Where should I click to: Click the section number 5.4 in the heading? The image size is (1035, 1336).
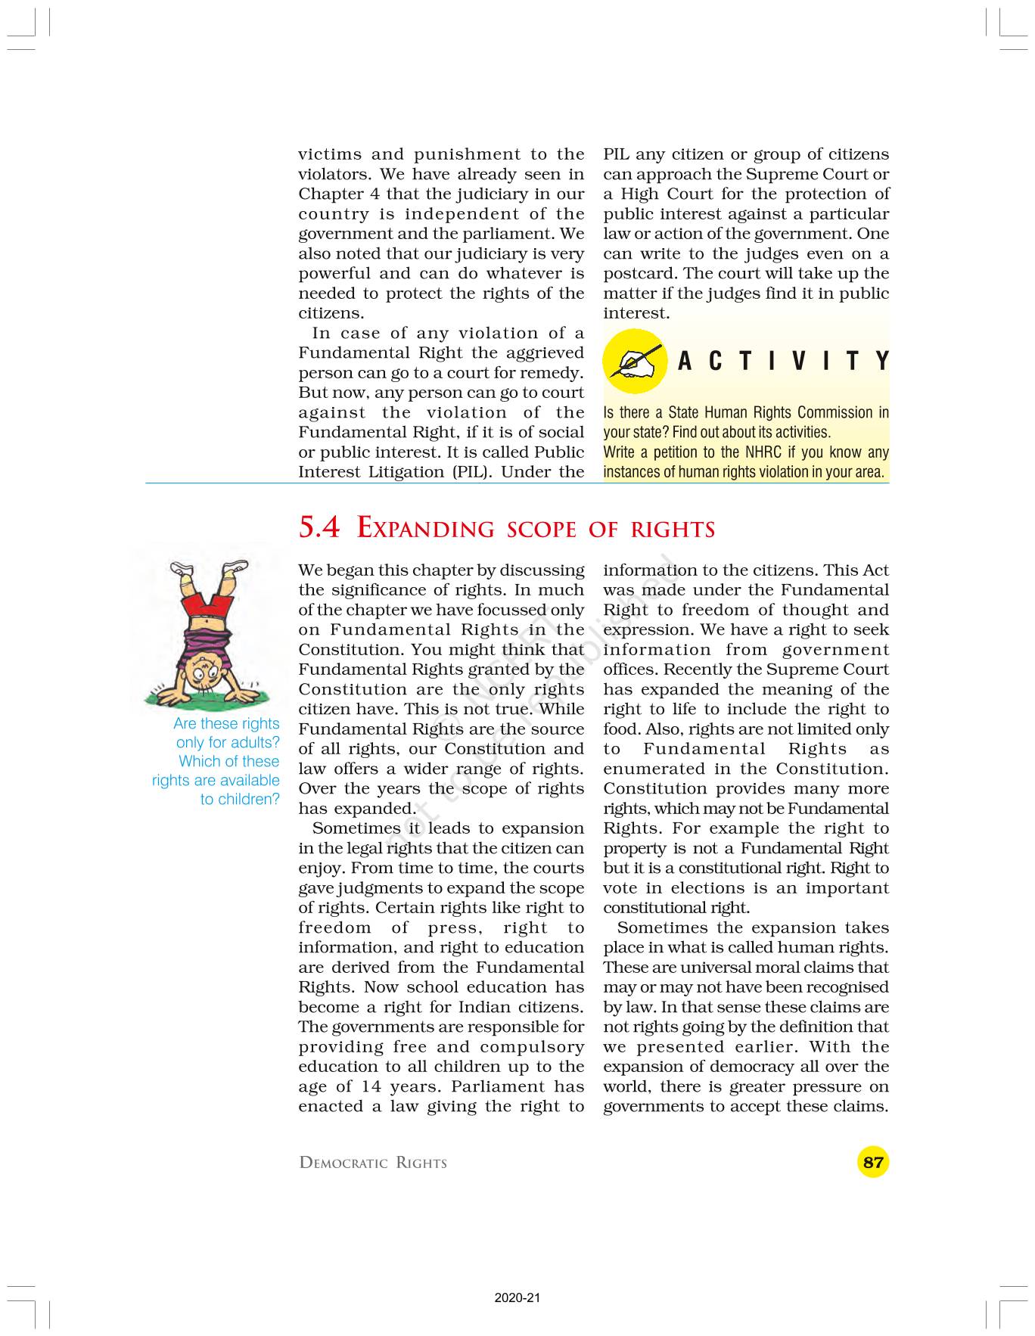319,527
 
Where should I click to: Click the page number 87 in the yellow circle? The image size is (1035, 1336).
873,1161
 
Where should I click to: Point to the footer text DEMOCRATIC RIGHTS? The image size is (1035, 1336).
373,1163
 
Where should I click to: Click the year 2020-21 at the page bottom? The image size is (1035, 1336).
517,1298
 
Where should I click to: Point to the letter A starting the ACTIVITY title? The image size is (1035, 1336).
685,362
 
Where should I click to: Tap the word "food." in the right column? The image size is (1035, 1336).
620,729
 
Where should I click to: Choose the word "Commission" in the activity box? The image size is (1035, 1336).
835,413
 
